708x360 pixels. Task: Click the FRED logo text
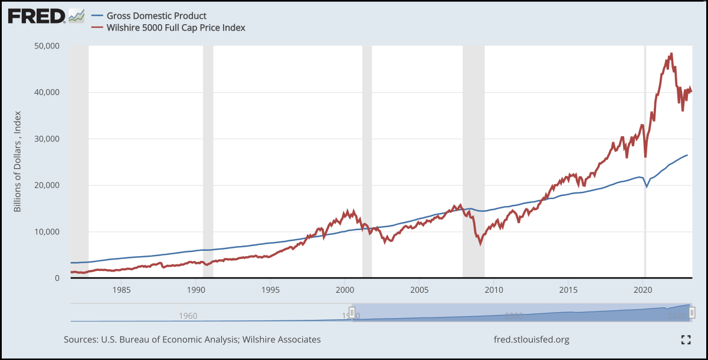click(x=35, y=16)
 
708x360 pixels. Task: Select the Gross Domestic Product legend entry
click(x=156, y=16)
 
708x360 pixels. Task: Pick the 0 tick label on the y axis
click(x=57, y=278)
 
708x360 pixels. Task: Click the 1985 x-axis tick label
click(x=122, y=290)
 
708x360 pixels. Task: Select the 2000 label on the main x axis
click(x=345, y=290)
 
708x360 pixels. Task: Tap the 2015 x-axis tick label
click(x=568, y=290)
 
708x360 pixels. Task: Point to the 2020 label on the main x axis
click(x=643, y=290)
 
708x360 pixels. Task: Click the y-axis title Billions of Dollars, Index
click(x=18, y=161)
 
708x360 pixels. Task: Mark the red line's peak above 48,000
click(x=671, y=54)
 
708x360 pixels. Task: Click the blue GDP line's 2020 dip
click(x=647, y=186)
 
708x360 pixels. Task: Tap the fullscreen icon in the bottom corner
click(x=686, y=339)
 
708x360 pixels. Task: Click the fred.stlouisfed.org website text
click(x=531, y=339)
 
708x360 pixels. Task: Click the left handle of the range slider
click(x=352, y=312)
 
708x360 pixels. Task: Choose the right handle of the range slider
click(x=692, y=312)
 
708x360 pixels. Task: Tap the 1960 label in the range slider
click(x=188, y=316)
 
